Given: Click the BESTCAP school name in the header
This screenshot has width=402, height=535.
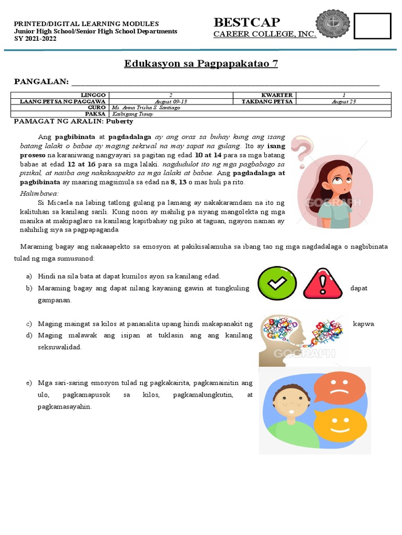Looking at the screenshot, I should click(247, 22).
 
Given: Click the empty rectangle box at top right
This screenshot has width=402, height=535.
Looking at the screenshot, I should click(372, 26).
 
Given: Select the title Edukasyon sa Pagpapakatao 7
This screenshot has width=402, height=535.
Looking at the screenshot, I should click(201, 64).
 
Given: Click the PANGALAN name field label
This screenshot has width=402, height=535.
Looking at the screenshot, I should click(41, 82).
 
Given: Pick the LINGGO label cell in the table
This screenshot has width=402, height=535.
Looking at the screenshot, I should click(93, 95).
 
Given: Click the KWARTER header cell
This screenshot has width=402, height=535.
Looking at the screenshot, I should click(276, 95).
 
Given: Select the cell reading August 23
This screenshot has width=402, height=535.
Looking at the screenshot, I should click(343, 101).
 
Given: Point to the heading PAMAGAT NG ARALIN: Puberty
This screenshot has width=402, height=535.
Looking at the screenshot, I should click(73, 121).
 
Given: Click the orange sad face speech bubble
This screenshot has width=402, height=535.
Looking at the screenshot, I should click(340, 387).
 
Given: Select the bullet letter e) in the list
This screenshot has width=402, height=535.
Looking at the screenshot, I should click(29, 383).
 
